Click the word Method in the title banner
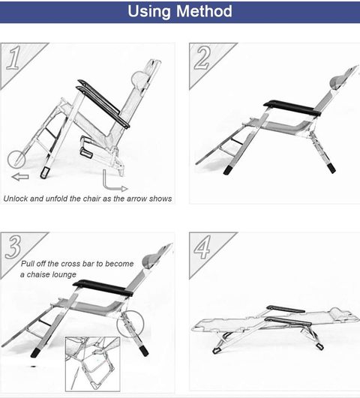pyautogui.click(x=204, y=11)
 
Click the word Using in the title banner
pyautogui.click(x=149, y=12)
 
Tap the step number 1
pyautogui.click(x=13, y=58)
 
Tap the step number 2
pyautogui.click(x=202, y=58)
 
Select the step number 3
pyautogui.click(x=13, y=247)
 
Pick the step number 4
pyautogui.click(x=202, y=247)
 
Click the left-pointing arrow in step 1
pyautogui.click(x=20, y=177)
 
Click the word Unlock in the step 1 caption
pyautogui.click(x=16, y=199)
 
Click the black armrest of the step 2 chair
pyautogui.click(x=291, y=108)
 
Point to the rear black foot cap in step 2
pyautogui.click(x=331, y=168)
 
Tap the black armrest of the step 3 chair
pyautogui.click(x=103, y=288)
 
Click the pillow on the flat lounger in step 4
pyautogui.click(x=338, y=312)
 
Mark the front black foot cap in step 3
pyautogui.click(x=34, y=352)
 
